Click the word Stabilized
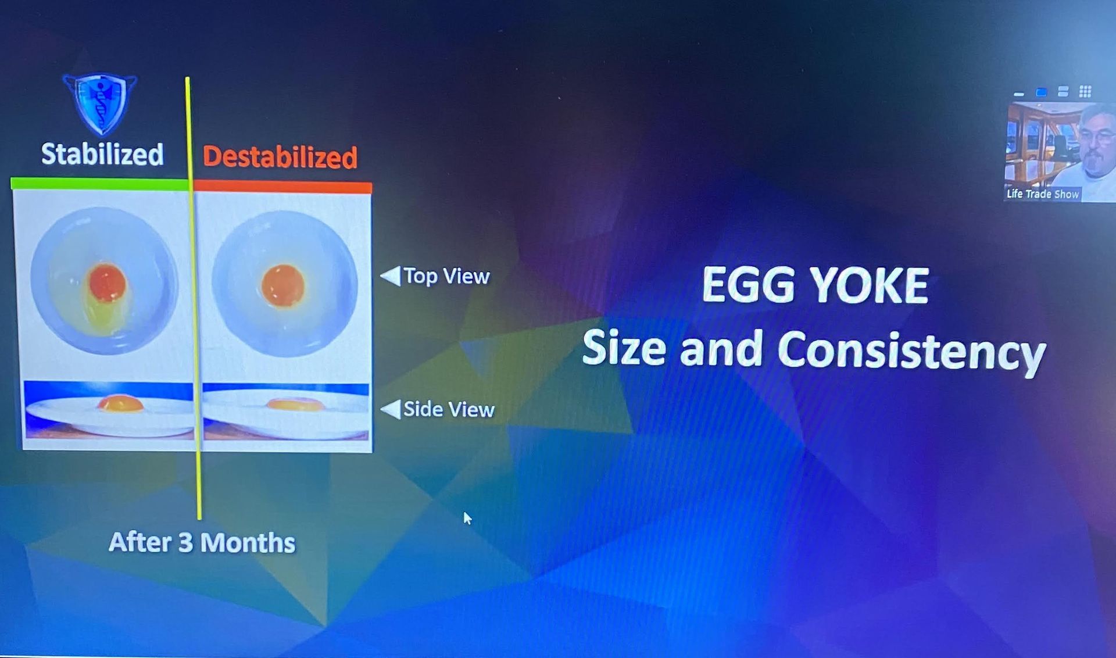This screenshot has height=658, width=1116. click(x=102, y=154)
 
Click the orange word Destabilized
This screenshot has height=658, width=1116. click(x=280, y=157)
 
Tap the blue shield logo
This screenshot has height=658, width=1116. click(x=100, y=103)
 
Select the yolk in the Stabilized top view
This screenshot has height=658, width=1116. click(x=108, y=283)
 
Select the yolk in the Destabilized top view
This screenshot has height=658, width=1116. click(x=283, y=285)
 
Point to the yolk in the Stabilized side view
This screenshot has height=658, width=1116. click(x=120, y=403)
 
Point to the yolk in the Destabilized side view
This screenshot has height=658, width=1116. click(x=294, y=403)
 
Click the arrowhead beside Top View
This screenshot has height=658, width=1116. click(x=391, y=276)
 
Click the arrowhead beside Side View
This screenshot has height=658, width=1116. click(x=391, y=409)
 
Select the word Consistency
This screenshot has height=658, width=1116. click(x=911, y=352)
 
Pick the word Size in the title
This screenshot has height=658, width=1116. click(x=624, y=347)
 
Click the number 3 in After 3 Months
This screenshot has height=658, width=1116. click(x=185, y=542)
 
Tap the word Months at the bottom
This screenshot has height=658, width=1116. click(x=248, y=543)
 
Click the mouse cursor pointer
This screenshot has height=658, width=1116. click(x=467, y=518)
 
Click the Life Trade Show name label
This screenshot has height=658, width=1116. click(x=1043, y=194)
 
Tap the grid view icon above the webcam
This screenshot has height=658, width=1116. click(x=1085, y=91)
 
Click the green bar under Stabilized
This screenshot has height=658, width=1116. click(x=100, y=184)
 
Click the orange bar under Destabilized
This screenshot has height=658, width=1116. click(x=282, y=187)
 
